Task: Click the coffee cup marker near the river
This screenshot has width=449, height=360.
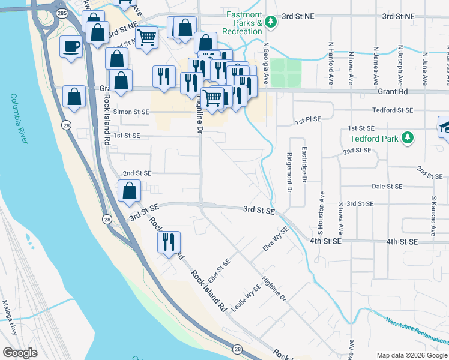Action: point(71,46)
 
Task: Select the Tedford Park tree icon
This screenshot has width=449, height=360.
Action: point(408,138)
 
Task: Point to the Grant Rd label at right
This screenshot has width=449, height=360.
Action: point(393,92)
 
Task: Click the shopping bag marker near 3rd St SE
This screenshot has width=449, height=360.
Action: point(130,191)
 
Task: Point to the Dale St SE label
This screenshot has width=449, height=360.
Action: point(385,187)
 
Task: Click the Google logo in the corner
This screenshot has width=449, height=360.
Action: point(20,352)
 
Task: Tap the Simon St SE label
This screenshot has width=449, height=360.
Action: point(131,112)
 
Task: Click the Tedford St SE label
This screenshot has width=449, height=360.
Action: point(393,110)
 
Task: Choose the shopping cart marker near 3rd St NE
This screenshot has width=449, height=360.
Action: point(147,38)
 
